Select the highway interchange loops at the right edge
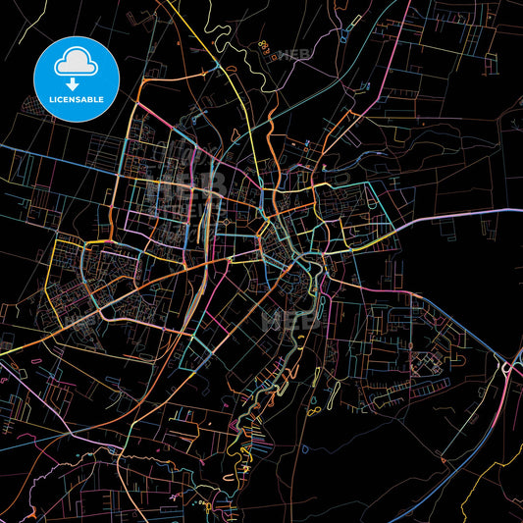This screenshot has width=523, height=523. tap(509, 370)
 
